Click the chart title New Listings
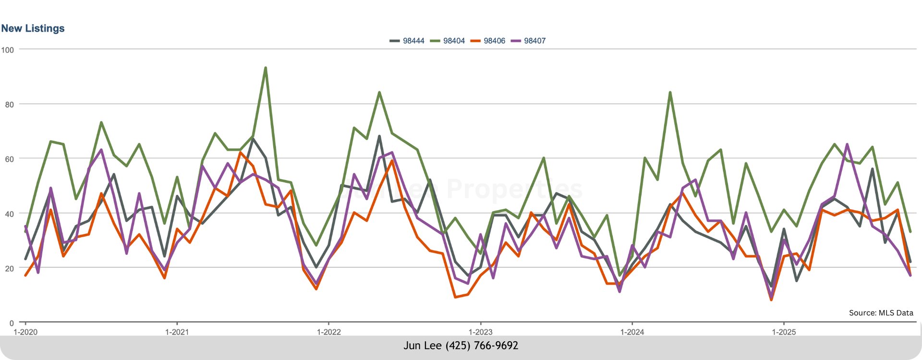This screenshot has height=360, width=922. tap(33, 28)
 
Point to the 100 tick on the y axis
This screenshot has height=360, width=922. tap(8, 50)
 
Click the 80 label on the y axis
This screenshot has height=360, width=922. tap(10, 105)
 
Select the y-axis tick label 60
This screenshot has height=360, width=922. tap(10, 159)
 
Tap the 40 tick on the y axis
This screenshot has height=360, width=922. tap(10, 214)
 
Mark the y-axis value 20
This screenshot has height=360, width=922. tap(10, 268)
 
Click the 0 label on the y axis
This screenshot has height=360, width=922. tap(12, 323)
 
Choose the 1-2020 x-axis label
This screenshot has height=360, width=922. tap(25, 332)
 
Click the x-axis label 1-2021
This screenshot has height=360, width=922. tap(177, 332)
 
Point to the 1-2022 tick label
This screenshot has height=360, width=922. tap(328, 332)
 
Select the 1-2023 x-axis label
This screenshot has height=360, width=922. tap(480, 332)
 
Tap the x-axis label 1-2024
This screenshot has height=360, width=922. tap(632, 332)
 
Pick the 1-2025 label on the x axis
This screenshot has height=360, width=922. tap(784, 332)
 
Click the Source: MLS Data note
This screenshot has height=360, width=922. tap(881, 313)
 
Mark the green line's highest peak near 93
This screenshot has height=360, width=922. tap(266, 68)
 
